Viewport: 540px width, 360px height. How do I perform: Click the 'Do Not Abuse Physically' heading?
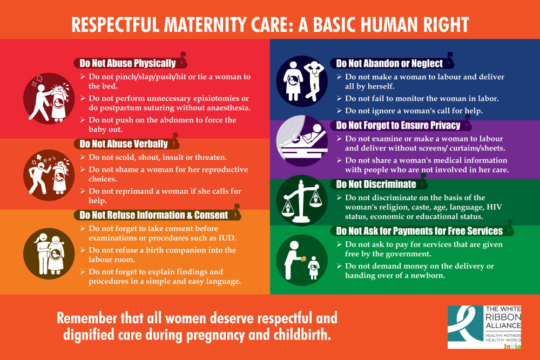127,63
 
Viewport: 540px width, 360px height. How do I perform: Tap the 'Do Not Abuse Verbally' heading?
124,144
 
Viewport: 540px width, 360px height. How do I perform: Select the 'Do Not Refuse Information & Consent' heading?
153,215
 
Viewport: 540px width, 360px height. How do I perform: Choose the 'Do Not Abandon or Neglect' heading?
389,63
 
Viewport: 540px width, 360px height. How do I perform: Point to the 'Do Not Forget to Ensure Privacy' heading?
398,125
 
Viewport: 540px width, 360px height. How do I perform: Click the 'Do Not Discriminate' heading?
376,185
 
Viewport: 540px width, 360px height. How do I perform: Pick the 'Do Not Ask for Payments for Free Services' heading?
420,231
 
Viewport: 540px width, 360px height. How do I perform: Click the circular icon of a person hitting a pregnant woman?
49,98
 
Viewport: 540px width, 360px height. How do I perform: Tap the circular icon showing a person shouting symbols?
49,175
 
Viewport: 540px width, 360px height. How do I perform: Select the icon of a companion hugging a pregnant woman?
49,254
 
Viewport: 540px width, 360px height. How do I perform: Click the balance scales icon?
302,200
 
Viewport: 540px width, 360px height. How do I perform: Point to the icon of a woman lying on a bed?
302,141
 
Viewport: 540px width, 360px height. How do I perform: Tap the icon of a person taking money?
302,260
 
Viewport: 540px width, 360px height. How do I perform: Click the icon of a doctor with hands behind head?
302,81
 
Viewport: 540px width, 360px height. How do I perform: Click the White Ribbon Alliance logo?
484,327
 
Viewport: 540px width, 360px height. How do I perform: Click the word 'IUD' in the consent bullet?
227,238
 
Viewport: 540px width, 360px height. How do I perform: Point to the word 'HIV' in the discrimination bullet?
494,207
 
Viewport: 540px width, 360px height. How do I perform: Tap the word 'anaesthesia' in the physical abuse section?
228,108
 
